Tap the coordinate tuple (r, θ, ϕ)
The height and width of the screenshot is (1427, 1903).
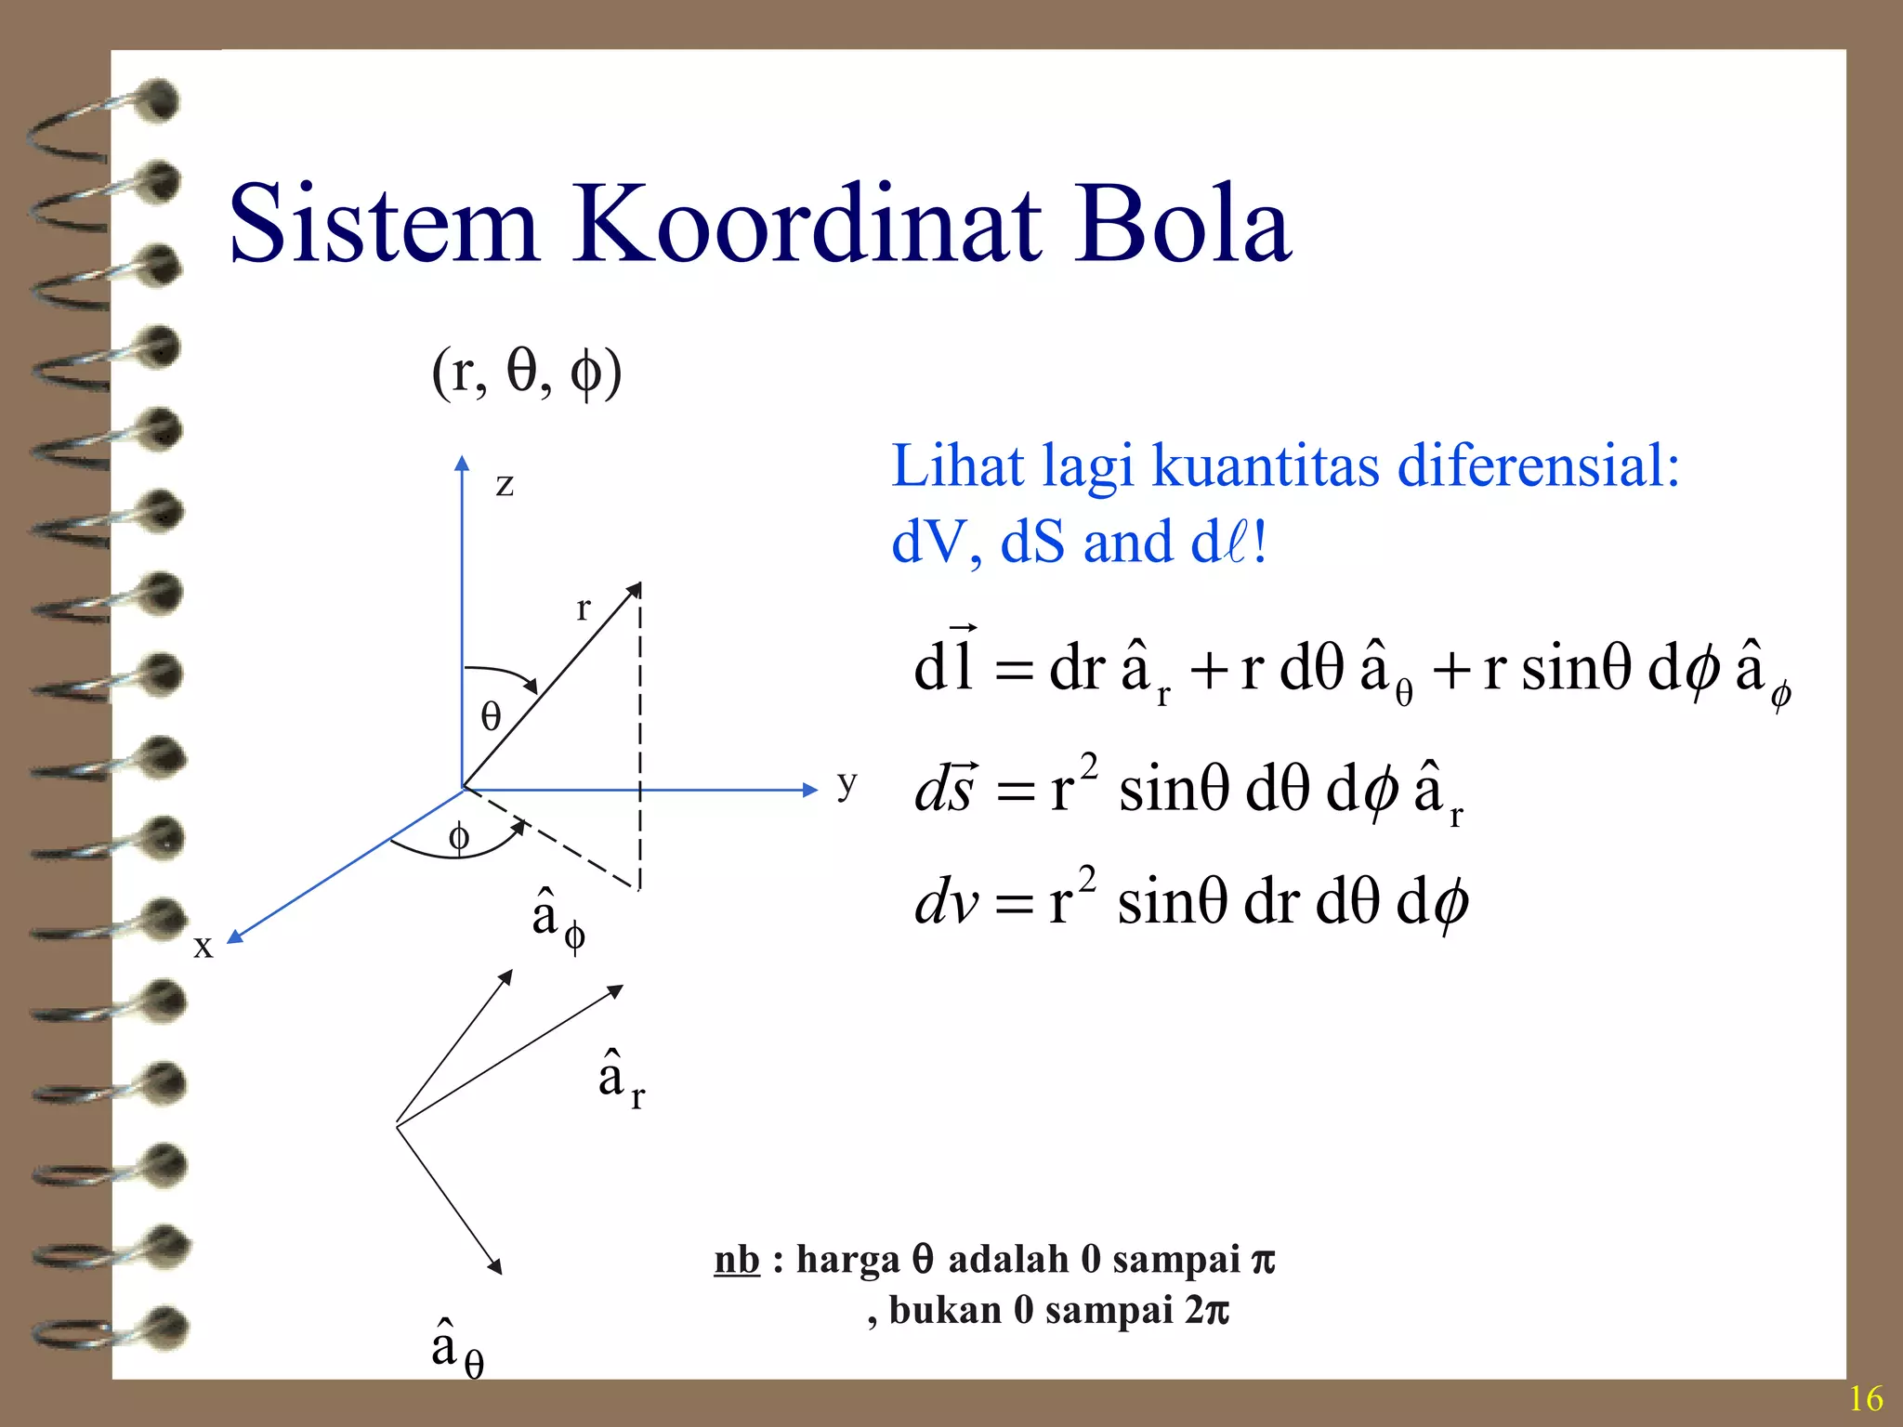coord(526,373)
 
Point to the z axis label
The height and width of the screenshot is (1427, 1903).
coord(505,484)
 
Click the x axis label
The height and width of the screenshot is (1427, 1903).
coord(203,946)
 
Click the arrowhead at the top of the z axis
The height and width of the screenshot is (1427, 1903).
coord(462,462)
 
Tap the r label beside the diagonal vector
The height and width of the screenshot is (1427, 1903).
coord(583,609)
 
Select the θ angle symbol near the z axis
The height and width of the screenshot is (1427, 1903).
coord(491,716)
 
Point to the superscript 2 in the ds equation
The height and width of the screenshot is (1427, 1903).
coord(1088,767)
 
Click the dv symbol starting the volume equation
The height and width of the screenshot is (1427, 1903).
coord(946,902)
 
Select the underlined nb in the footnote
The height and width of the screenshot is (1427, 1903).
coord(737,1261)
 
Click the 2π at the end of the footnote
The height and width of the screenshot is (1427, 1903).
coord(1207,1311)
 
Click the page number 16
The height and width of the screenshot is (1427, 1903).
coord(1865,1398)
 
